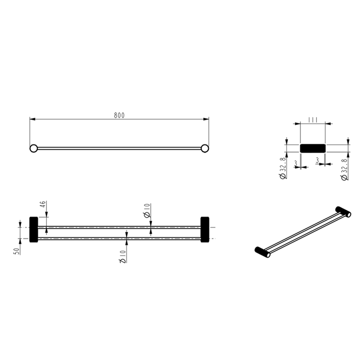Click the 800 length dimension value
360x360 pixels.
pyautogui.click(x=119, y=115)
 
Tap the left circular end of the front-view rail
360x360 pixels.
pyautogui.click(x=33, y=149)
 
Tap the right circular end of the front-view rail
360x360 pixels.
pyautogui.click(x=205, y=149)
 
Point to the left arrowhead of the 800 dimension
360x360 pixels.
pyautogui.click(x=32, y=119)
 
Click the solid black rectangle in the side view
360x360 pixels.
pyautogui.click(x=312, y=148)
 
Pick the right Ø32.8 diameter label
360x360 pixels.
pyautogui.click(x=344, y=169)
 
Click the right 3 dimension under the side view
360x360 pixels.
pyautogui.click(x=319, y=161)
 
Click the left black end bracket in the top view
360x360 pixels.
pyautogui.click(x=34, y=229)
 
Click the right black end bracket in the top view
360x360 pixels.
pyautogui.click(x=205, y=229)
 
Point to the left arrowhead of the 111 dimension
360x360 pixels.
pyautogui.click(x=300, y=124)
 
